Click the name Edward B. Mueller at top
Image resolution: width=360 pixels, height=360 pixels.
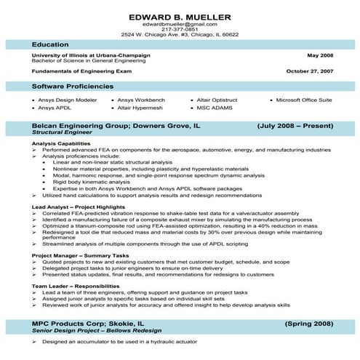click(180, 17)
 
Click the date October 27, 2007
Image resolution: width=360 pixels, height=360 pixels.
click(309, 72)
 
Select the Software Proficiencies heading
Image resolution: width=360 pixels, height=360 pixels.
click(72, 86)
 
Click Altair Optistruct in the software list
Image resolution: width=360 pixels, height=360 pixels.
click(219, 100)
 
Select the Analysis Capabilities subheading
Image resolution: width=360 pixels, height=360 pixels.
click(59, 143)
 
